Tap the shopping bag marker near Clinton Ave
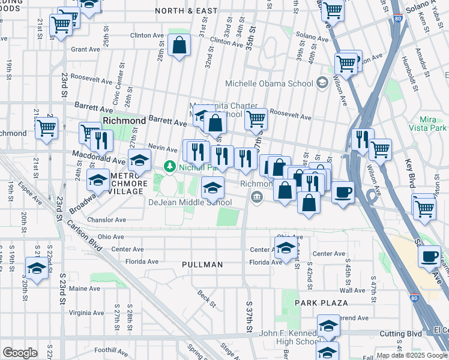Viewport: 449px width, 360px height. [x=179, y=45]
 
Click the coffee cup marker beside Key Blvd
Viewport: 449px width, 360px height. [x=429, y=257]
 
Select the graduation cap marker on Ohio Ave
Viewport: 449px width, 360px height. [x=286, y=247]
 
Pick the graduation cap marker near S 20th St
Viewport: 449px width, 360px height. [x=37, y=268]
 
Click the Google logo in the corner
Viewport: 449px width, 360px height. [x=20, y=353]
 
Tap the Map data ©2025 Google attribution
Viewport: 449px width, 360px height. [x=412, y=355]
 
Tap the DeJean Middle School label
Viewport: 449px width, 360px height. [x=190, y=203]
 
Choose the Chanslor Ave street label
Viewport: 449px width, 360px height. [x=107, y=220]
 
